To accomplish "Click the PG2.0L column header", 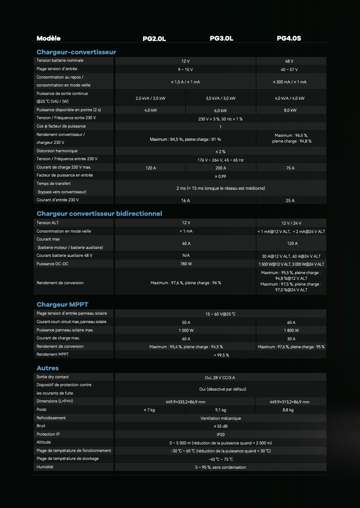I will [154, 39].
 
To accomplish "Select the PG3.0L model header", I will [221, 39].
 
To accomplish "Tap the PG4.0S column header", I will [289, 39].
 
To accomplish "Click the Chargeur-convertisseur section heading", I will [76, 52].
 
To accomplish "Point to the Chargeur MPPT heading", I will [62, 305].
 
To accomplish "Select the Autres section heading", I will [48, 368].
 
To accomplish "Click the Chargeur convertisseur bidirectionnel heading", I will [99, 214].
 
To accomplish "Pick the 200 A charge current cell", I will [221, 168].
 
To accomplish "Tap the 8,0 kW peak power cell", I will [290, 110].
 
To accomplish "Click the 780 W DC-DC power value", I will [186, 264].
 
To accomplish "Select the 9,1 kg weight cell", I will [221, 410].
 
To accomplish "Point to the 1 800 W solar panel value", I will [291, 330].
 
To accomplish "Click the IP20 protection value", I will [220, 434].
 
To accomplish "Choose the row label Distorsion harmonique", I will [57, 151].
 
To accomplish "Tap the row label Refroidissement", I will [51, 418].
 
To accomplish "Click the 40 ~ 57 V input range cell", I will [289, 70].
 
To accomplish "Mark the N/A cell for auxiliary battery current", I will [186, 256].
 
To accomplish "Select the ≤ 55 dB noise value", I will [220, 426].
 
